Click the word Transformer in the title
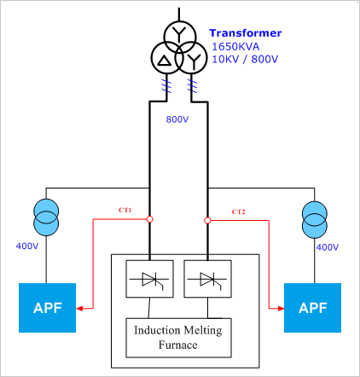pyautogui.click(x=246, y=33)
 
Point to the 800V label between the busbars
pyautogui.click(x=177, y=119)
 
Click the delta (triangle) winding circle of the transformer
pyautogui.click(x=162, y=59)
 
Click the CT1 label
pyautogui.click(x=125, y=211)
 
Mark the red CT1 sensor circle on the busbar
pyautogui.click(x=150, y=219)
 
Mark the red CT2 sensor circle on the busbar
pyautogui.click(x=207, y=219)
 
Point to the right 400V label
pyautogui.click(x=328, y=246)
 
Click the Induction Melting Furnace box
pyautogui.click(x=177, y=337)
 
